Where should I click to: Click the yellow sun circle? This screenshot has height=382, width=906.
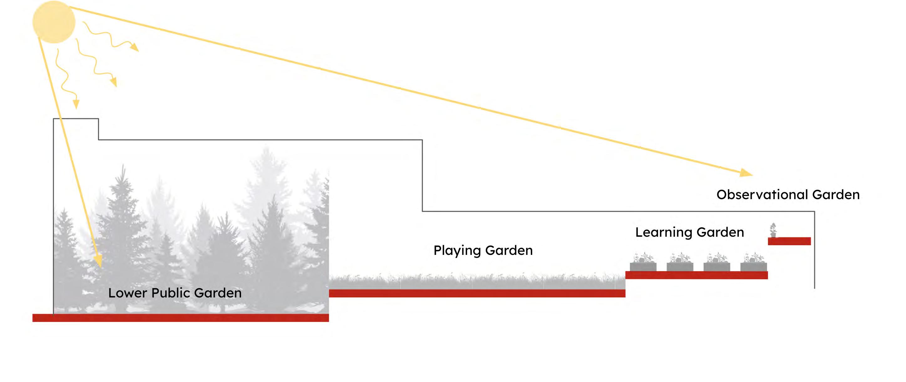pyautogui.click(x=54, y=22)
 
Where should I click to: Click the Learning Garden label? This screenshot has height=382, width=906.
pyautogui.click(x=689, y=232)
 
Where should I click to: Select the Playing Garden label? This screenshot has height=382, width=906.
pyautogui.click(x=483, y=250)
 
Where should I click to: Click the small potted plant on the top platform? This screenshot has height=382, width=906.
pyautogui.click(x=773, y=230)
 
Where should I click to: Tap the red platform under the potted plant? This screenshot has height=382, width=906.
pyautogui.click(x=789, y=241)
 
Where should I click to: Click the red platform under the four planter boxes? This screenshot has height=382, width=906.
pyautogui.click(x=696, y=275)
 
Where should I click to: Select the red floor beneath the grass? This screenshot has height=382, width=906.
pyautogui.click(x=477, y=293)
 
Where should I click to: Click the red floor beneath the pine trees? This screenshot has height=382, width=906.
pyautogui.click(x=180, y=317)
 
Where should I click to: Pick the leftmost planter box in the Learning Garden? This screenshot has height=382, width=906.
pyautogui.click(x=643, y=266)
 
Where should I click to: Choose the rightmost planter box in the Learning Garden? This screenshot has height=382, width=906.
pyautogui.click(x=753, y=266)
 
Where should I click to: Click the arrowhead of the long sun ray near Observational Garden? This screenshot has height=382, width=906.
pyautogui.click(x=746, y=173)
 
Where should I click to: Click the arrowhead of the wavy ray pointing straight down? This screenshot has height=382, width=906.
pyautogui.click(x=76, y=104)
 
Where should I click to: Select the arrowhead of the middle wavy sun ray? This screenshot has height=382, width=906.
pyautogui.click(x=113, y=82)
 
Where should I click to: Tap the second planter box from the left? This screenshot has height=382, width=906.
pyautogui.click(x=680, y=266)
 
